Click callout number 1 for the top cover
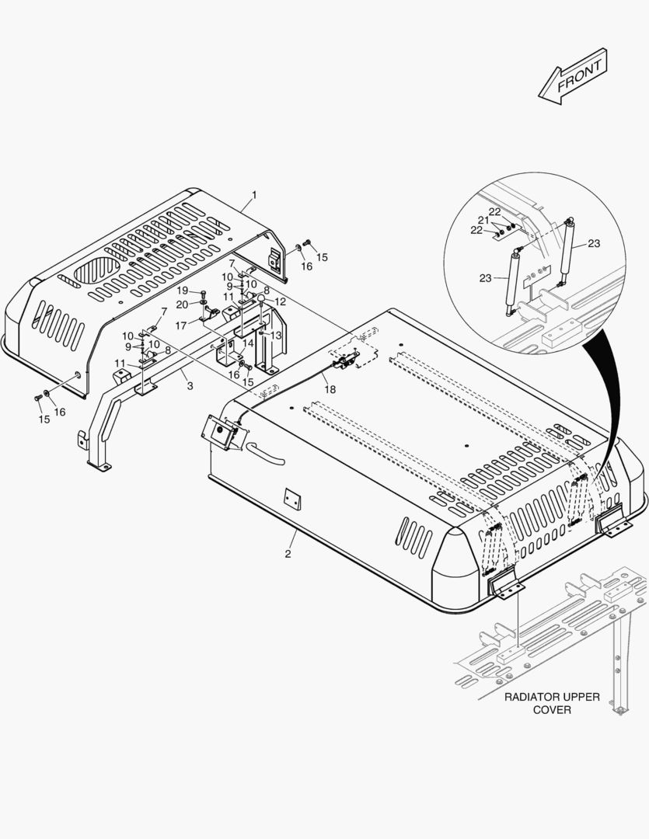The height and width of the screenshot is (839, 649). pos(254,195)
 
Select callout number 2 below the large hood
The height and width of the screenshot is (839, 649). pos(288,554)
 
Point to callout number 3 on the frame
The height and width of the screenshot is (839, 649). pos(190,386)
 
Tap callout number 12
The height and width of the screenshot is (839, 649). pos(280,301)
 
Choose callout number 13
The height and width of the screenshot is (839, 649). pos(276,336)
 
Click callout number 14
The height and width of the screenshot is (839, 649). pos(248,343)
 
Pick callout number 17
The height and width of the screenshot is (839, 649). pos(181,326)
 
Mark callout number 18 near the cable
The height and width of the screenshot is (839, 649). pos(330,389)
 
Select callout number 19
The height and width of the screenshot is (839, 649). pos(183,291)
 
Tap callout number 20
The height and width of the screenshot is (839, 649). pos(182,305)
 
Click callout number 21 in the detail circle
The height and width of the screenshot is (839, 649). pos(483,220)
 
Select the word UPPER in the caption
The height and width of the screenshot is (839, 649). pos(582,697)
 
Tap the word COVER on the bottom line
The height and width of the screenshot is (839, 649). pos(552,710)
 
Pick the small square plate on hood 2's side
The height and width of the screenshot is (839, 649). pos(292,500)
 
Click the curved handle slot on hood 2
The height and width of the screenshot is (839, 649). pos(265,454)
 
